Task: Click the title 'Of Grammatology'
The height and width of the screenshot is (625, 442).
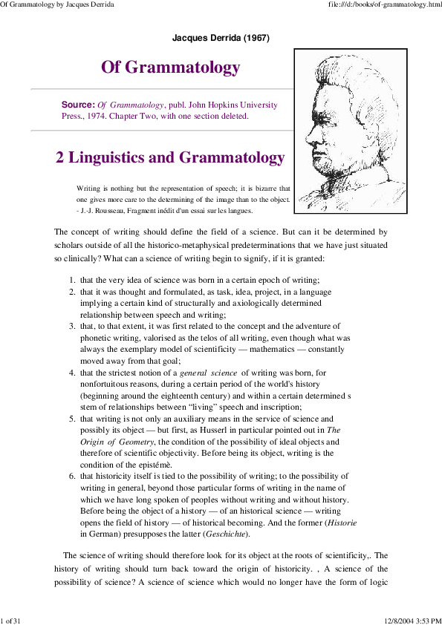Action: pyautogui.click(x=170, y=68)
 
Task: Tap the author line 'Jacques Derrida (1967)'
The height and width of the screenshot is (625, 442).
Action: pyautogui.click(x=220, y=37)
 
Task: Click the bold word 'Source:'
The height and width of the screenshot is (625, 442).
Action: pyautogui.click(x=78, y=105)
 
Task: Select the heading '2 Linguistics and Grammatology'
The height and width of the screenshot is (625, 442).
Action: pyautogui.click(x=170, y=157)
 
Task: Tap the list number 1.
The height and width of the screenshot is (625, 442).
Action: pyautogui.click(x=71, y=280)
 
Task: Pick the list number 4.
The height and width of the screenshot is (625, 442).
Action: pyautogui.click(x=71, y=373)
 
